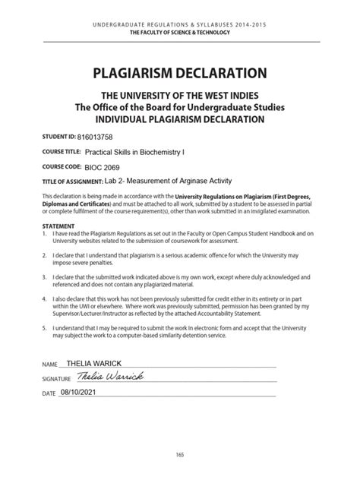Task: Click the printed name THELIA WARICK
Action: click(x=93, y=364)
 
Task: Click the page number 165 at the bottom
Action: click(x=179, y=453)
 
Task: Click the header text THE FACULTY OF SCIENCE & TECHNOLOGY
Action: click(x=179, y=33)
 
